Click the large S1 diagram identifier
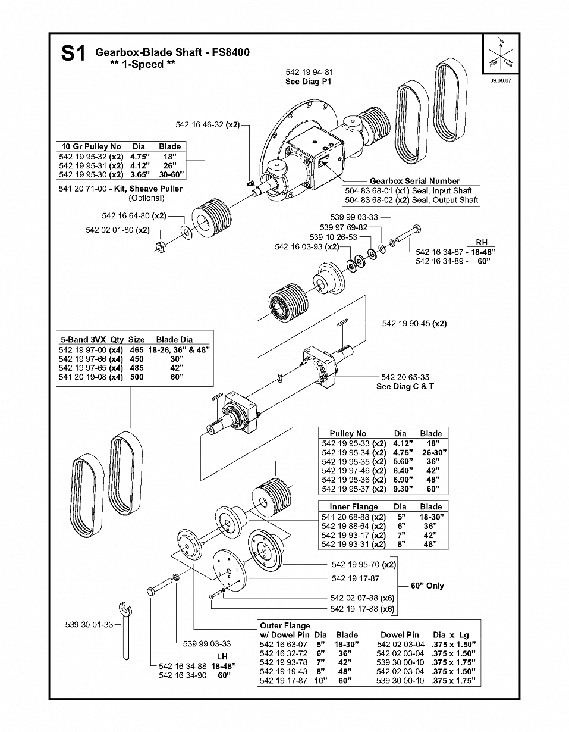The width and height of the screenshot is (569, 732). tap(73, 53)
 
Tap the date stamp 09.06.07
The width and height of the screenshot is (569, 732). tap(501, 81)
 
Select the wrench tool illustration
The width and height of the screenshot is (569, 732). tap(125, 631)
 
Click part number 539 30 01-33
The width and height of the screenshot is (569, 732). tap(89, 625)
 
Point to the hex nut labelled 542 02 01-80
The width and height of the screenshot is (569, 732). tap(161, 247)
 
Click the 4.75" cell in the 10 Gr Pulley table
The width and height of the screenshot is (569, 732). tap(140, 157)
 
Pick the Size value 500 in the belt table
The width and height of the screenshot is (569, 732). tap(137, 377)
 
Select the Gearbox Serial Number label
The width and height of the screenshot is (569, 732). tap(414, 181)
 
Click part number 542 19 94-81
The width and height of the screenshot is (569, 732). tap(309, 72)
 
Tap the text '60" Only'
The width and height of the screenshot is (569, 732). tap(427, 586)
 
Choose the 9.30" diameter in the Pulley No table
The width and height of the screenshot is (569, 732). tap(403, 489)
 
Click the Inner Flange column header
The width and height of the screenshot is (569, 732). tap(354, 506)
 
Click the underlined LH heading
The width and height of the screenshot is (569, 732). tap(222, 656)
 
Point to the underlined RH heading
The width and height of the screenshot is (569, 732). tap(482, 243)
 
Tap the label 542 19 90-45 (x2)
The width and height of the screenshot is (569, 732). tap(414, 323)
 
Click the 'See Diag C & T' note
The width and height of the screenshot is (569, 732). tap(405, 386)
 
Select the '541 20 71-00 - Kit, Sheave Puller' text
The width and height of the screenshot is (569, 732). tap(121, 189)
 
